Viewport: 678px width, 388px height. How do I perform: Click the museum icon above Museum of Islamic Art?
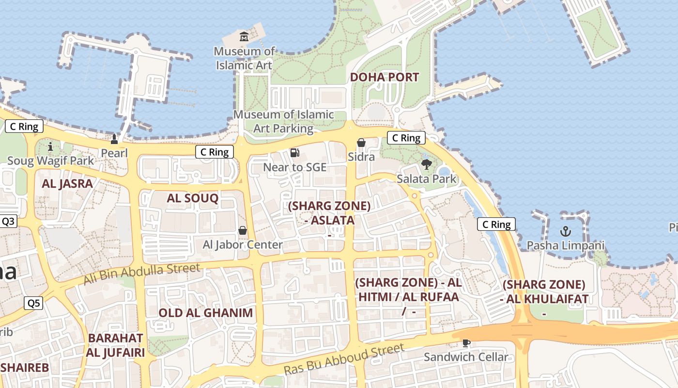(244, 36)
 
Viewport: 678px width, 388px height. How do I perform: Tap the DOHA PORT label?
(384, 77)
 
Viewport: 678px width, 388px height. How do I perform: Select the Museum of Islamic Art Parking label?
(284, 121)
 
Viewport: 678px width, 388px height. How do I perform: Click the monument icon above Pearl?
(114, 139)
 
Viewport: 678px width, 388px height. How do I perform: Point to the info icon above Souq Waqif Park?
(50, 146)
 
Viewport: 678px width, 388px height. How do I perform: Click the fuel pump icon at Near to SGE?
(294, 153)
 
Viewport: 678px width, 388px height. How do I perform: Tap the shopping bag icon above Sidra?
(361, 143)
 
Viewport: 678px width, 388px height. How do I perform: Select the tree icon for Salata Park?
(426, 164)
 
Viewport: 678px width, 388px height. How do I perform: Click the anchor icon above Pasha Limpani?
(565, 231)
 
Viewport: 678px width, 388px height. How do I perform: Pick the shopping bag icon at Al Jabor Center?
(243, 230)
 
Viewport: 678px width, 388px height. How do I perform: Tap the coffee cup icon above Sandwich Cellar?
(466, 343)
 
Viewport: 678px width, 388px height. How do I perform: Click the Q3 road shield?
(8, 222)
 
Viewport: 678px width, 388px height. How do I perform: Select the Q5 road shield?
(33, 304)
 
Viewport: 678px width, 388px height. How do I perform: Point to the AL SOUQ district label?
(192, 198)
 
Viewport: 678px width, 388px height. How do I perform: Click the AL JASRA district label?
(67, 183)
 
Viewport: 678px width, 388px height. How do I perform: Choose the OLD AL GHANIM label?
(206, 313)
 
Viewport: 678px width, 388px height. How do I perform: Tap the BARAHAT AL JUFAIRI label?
(115, 345)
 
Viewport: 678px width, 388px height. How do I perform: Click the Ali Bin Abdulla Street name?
(141, 274)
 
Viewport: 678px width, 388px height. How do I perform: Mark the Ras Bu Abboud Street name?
(343, 359)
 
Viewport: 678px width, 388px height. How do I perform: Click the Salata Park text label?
(426, 179)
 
